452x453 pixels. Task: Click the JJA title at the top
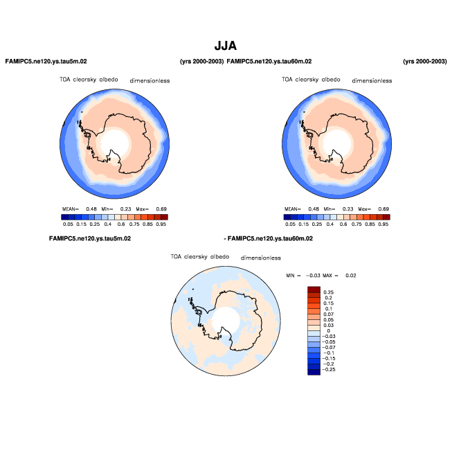coord(226,46)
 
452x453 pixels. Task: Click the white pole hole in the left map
coord(115,143)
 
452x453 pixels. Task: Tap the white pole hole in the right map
coord(337,143)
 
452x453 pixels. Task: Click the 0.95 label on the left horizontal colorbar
coord(161,224)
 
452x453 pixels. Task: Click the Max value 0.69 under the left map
coord(161,208)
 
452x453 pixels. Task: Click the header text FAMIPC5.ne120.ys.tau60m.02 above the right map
coord(269,62)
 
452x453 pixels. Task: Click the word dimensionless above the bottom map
coord(260,258)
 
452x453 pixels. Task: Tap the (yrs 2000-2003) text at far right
coord(424,62)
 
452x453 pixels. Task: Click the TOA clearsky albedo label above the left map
coord(83,80)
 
